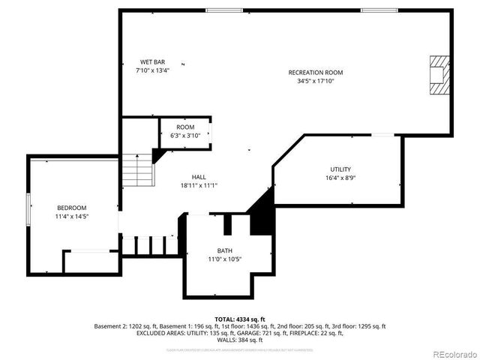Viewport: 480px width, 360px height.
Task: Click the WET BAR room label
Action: [x=152, y=61]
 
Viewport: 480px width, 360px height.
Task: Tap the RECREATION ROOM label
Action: [x=316, y=72]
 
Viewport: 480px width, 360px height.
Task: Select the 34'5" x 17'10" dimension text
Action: [x=316, y=81]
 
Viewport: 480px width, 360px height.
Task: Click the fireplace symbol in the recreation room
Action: [x=438, y=75]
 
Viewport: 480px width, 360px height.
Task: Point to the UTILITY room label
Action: [x=340, y=169]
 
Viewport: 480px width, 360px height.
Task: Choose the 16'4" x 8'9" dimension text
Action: [x=340, y=178]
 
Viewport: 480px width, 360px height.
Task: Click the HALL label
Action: [x=199, y=177]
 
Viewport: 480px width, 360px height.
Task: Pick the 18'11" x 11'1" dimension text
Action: [x=199, y=185]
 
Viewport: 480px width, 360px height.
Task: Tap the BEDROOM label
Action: [x=72, y=208]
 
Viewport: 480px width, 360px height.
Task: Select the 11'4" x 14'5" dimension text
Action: [x=72, y=216]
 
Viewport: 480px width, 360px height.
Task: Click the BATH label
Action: [x=225, y=251]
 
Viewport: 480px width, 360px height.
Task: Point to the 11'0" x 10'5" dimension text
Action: [x=225, y=259]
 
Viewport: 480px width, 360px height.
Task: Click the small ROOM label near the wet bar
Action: [x=185, y=127]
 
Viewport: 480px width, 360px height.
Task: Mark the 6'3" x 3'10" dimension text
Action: [x=185, y=136]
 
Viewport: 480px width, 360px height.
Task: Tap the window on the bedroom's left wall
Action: [x=28, y=208]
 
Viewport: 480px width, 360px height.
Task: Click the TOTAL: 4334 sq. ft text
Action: [x=240, y=319]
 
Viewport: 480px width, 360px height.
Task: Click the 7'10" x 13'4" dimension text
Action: [x=152, y=70]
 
